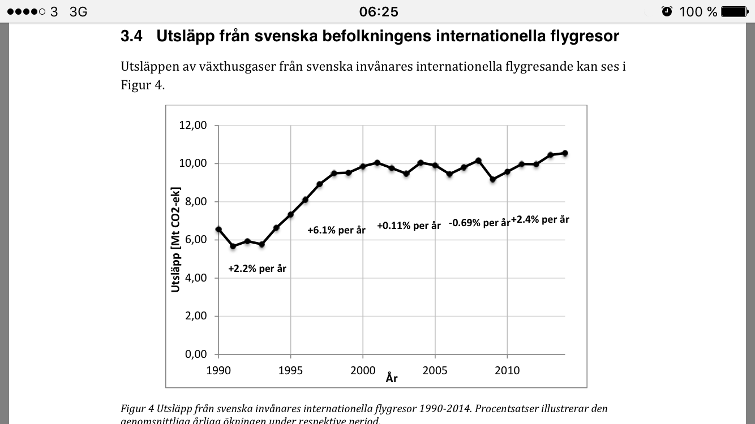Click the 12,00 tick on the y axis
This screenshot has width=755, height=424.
click(193, 126)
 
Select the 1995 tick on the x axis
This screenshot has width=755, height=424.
click(290, 371)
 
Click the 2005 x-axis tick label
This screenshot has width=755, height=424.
click(435, 371)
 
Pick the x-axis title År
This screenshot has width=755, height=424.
click(392, 378)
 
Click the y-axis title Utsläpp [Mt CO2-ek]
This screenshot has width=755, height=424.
click(175, 239)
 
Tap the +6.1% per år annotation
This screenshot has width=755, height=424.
click(336, 230)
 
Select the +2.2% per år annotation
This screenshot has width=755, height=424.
click(257, 269)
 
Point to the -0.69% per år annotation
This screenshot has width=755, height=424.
click(479, 223)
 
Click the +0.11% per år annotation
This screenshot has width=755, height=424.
click(409, 225)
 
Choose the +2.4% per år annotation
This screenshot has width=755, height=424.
click(540, 219)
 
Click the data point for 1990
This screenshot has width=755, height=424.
click(218, 230)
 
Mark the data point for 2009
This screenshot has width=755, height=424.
click(493, 179)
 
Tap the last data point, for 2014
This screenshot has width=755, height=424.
click(565, 153)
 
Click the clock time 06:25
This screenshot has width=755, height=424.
click(379, 11)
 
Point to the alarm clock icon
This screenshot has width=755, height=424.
click(667, 11)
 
